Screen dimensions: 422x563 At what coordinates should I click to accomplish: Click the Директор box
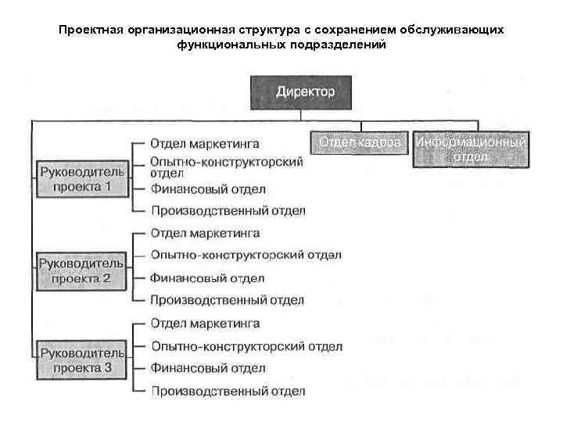[x=305, y=92]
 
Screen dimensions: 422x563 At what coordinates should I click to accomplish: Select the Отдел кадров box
[x=360, y=143]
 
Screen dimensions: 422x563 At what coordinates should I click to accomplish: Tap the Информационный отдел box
[x=471, y=149]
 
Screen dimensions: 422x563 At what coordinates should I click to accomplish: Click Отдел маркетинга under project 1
[x=205, y=145]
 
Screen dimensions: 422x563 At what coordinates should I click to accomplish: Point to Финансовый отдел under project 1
[x=208, y=189]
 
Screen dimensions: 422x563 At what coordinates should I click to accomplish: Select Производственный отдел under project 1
[x=228, y=211]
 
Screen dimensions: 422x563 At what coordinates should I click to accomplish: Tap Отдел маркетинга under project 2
[x=205, y=234]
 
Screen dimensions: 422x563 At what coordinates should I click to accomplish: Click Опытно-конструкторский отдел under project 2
[x=246, y=256]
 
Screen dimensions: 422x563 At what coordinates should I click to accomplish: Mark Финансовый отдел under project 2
[x=208, y=277]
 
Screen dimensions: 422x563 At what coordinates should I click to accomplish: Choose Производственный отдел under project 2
[x=228, y=300]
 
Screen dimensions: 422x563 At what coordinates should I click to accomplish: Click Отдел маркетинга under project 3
[x=205, y=324]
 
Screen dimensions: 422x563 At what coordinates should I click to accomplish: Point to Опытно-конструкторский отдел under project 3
[x=246, y=345]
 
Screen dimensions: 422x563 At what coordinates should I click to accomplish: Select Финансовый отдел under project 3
[x=208, y=367]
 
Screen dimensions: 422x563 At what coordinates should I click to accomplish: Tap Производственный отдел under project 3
[x=228, y=390]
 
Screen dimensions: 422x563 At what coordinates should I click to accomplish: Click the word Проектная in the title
[x=88, y=30]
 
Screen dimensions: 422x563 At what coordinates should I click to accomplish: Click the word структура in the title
[x=266, y=30]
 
